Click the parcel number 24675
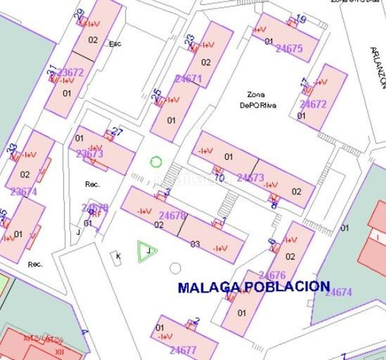coord(289,49)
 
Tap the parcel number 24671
coord(188,79)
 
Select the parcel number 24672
coord(313,104)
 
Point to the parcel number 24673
coord(250,178)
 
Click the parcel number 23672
coord(70,73)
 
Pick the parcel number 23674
coord(24,192)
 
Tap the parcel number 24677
coord(183,350)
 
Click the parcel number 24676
coord(273,276)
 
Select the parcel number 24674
coord(339,292)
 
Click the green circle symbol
coord(156,161)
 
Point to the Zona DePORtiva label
coord(262,100)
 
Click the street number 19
coord(301,20)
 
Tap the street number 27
coord(118,132)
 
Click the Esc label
coord(115,44)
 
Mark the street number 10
coord(219,178)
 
